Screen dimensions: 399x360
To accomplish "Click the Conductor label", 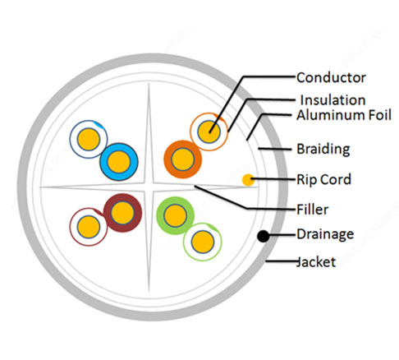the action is point(331,78).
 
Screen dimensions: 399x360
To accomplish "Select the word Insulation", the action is point(332,100).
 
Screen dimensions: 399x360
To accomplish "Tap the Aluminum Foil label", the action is point(344,115).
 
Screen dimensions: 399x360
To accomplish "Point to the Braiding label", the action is point(323,150).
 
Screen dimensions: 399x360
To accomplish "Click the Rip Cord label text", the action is point(324,180).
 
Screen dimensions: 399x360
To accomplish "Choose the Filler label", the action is point(313,210).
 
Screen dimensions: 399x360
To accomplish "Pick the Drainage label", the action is point(325,234).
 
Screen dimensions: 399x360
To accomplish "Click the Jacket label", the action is point(316,262).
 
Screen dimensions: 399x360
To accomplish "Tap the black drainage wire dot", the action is point(264,236).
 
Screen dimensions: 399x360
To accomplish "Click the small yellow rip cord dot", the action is point(248,180).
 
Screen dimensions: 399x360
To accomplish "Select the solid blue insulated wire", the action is point(119,162).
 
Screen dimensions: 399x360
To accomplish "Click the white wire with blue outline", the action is point(89,139).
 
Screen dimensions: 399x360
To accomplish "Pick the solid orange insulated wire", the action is point(183,159).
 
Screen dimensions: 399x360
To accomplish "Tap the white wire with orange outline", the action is point(209,132).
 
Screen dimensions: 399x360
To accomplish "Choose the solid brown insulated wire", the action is point(122,213).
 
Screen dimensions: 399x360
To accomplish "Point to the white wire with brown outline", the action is point(89,227).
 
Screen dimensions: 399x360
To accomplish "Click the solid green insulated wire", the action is point(175,215).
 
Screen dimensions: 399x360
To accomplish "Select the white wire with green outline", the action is point(203,242).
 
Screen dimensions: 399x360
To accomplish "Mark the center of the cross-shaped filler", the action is point(149,187).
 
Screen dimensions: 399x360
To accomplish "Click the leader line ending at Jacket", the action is point(282,261).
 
